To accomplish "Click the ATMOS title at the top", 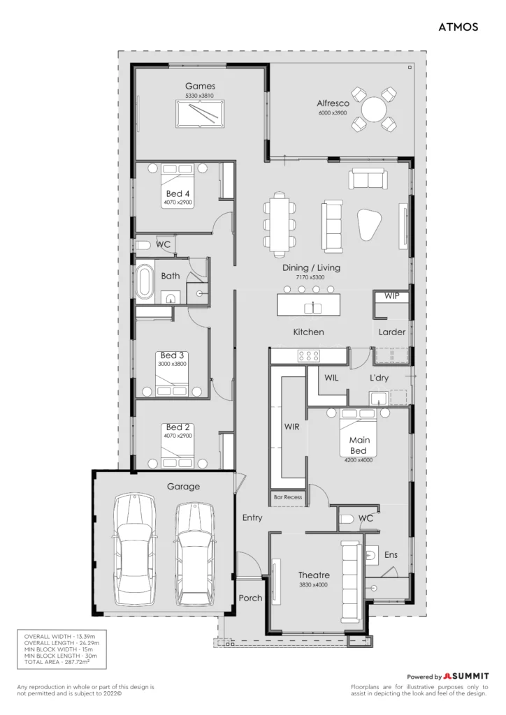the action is pos(458,27).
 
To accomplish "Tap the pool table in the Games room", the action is pos(200,114).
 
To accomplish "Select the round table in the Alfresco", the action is pos(374,110).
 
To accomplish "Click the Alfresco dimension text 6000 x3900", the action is pos(333,112).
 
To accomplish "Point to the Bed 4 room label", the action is pos(178,194).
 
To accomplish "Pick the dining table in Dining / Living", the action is pos(280,222).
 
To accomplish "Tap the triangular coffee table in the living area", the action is pos(368,224).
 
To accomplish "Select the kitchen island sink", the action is pos(313,308).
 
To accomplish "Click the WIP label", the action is pos(391,296).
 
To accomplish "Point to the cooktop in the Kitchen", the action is pos(308,355).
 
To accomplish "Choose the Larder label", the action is pos(392,332).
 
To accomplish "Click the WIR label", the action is pos(291,427).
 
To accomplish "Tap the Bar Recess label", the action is pos(288,497).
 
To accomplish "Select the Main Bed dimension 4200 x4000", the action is pos(358,460).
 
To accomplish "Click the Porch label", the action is pos(250,598).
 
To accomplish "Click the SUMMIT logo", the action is pos(466,676).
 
